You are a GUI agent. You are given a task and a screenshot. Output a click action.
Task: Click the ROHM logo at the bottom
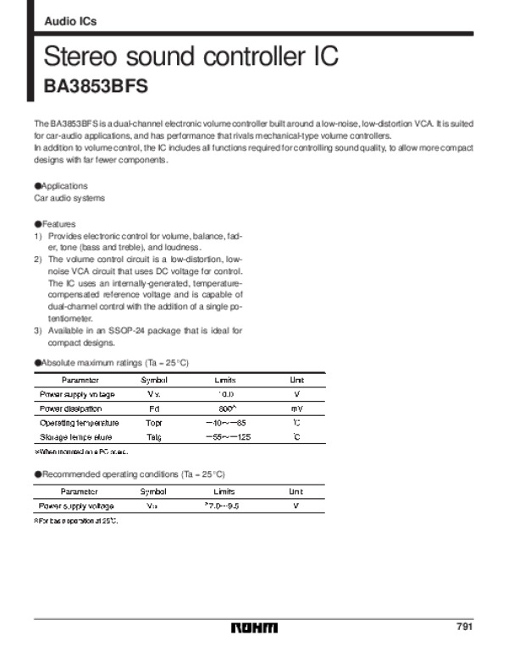(x=254, y=627)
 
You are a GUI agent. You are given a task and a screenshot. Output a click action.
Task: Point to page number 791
(x=464, y=627)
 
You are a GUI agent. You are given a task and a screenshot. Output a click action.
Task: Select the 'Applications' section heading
(x=62, y=186)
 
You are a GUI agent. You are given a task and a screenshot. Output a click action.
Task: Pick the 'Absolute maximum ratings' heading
(x=111, y=363)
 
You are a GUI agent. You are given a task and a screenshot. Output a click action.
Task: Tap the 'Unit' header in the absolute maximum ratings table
(x=297, y=381)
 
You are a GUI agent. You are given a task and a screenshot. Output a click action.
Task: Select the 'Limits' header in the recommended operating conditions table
(x=224, y=491)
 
